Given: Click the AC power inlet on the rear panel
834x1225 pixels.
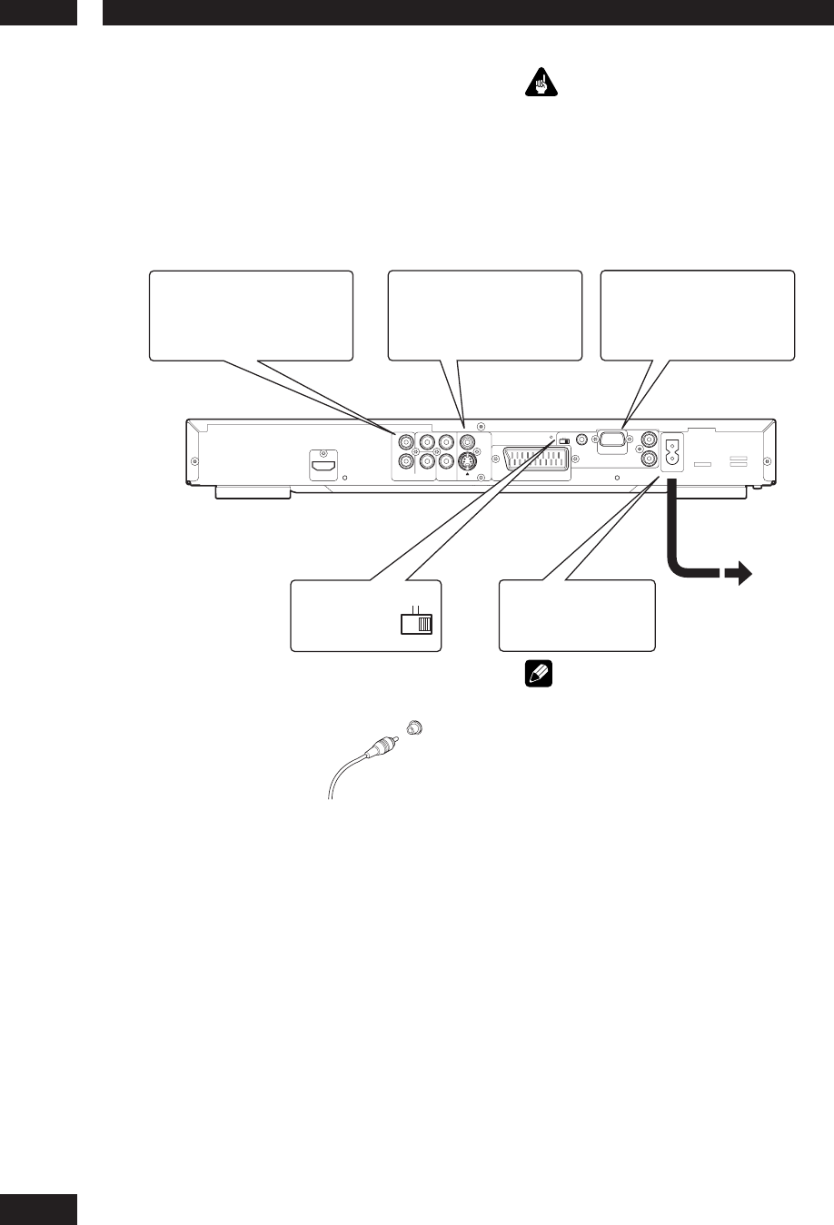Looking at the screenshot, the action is click(673, 451).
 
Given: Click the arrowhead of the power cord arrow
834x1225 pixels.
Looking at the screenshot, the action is click(742, 574).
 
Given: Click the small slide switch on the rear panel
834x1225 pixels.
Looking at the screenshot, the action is click(564, 441).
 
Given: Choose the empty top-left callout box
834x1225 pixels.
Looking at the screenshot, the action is click(251, 315).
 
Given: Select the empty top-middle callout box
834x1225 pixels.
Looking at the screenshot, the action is click(484, 315).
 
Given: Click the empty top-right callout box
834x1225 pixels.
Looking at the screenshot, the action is click(698, 314).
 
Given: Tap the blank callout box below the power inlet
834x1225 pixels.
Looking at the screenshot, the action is click(577, 615).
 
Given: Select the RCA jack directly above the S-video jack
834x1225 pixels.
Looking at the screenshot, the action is click(467, 443).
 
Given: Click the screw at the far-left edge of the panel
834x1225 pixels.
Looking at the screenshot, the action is click(193, 460).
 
